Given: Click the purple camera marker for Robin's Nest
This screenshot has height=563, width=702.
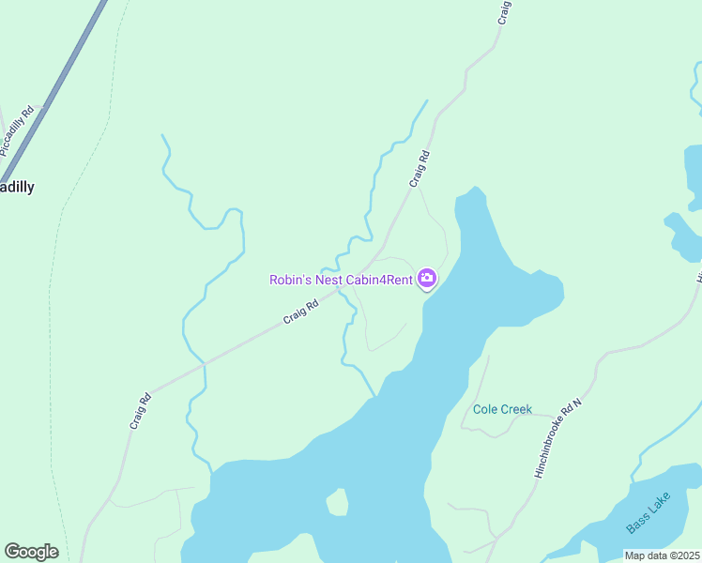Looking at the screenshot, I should point(427,279).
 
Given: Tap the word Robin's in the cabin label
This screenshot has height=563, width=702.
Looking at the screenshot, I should point(290,280).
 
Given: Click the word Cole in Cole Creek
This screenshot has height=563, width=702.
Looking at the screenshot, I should point(485,409).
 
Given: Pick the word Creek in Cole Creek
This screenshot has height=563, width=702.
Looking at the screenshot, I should point(516,409).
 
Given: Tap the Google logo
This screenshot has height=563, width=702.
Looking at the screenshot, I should point(31,552).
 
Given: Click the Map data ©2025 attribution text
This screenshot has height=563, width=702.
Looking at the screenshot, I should point(662,555).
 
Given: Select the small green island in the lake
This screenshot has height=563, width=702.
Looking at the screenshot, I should point(337,504).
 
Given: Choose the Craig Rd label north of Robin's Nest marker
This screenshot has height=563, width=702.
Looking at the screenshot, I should point(420,169).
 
